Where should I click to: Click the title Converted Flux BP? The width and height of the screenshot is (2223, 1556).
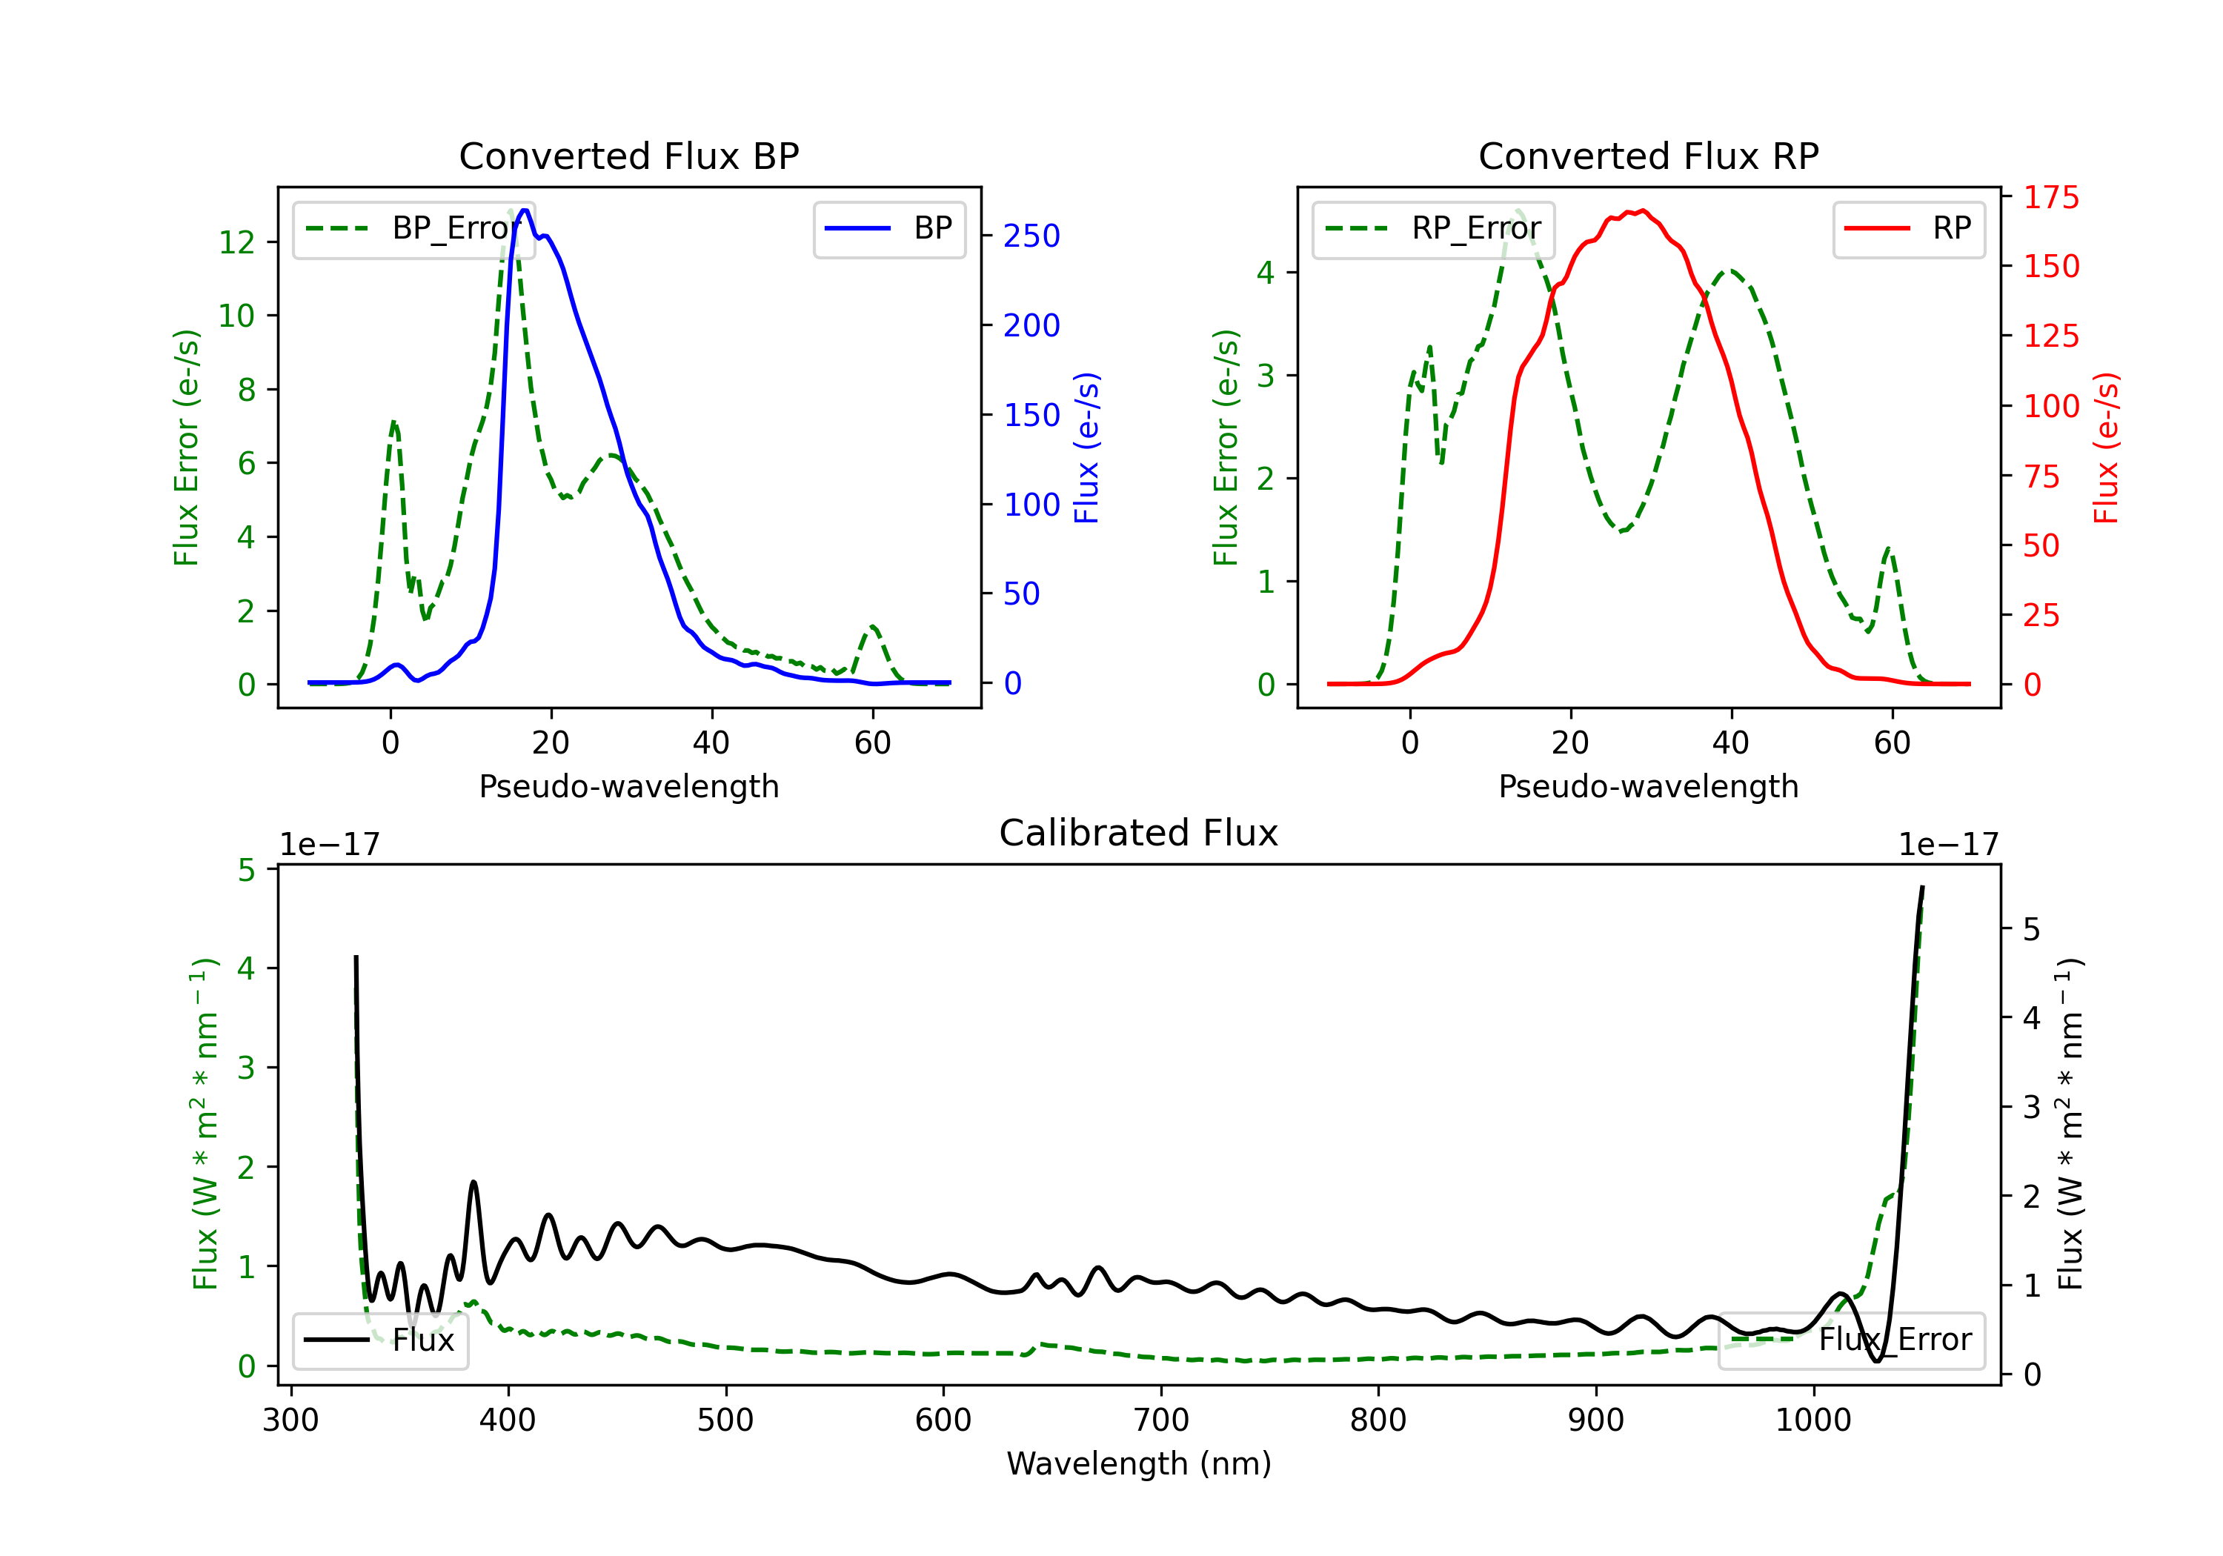point(628,156)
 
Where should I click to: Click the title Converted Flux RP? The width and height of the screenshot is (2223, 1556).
point(1648,156)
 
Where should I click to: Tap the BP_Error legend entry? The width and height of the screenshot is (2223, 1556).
point(413,228)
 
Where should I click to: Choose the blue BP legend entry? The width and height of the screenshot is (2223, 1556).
point(888,228)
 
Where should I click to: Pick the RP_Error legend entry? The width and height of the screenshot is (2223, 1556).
point(1433,228)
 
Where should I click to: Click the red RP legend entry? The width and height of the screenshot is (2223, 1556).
point(1908,228)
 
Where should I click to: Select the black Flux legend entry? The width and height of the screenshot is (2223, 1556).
point(379,1340)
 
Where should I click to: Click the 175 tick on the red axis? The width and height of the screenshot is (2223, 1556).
point(2050,198)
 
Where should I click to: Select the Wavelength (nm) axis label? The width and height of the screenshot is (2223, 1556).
point(1139,1464)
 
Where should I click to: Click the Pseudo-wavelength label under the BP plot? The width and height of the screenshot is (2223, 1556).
point(628,786)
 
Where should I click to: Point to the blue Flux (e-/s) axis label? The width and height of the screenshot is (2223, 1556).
point(1087,448)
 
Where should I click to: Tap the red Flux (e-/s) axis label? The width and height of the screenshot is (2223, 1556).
point(2107,448)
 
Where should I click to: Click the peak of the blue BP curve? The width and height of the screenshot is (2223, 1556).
point(525,210)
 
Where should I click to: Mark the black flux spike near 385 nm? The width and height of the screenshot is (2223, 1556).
point(473,1183)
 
